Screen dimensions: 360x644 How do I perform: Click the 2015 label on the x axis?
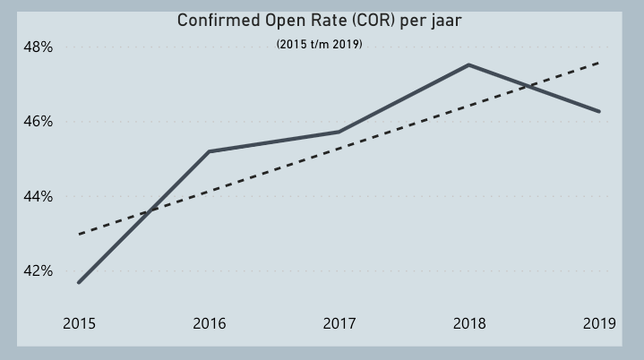[79, 323]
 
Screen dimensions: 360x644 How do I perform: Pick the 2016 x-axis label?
[210, 323]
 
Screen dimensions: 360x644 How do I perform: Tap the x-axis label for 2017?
[339, 323]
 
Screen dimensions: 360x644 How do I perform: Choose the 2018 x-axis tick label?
[469, 323]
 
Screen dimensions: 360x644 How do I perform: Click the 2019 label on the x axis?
[599, 323]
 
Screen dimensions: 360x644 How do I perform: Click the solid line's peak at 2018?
[468, 64]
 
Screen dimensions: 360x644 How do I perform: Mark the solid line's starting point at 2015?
[79, 282]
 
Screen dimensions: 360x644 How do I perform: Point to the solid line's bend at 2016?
[209, 151]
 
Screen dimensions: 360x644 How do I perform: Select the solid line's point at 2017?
[339, 132]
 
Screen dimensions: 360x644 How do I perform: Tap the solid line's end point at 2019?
[599, 111]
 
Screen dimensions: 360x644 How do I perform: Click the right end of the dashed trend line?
[599, 63]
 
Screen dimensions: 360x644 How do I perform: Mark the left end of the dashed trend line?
[79, 234]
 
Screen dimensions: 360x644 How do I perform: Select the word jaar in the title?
[444, 21]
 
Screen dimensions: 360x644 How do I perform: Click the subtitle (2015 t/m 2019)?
[320, 44]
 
